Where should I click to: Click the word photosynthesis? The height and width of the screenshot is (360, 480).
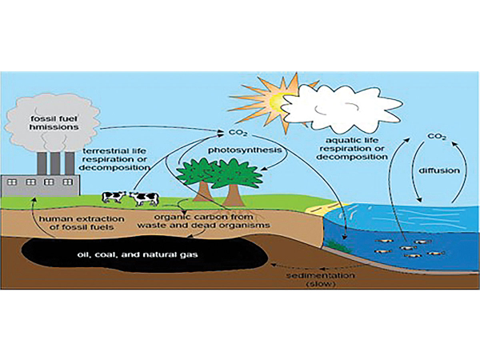point(245,150)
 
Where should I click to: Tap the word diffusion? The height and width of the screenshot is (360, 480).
point(439,170)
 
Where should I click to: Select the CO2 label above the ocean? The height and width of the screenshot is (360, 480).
point(437,137)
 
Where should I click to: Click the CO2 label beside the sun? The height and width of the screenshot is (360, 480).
point(238,133)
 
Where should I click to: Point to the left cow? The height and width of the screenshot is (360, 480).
point(114,197)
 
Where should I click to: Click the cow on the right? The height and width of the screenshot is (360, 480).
point(144,198)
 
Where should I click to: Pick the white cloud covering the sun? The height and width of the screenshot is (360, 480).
point(341,107)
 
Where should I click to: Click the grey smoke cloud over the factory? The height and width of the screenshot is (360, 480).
point(50,123)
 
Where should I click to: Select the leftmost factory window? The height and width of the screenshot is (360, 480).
point(12,182)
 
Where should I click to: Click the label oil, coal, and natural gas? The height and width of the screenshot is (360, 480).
point(137,254)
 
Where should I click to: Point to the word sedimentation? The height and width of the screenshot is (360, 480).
point(321,275)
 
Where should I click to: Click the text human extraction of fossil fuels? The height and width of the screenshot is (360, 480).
point(82,223)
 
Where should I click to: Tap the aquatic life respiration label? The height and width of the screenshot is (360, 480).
point(352,149)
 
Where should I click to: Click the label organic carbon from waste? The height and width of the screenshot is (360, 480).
point(203,221)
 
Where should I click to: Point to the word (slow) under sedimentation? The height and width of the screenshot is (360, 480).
point(321,284)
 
